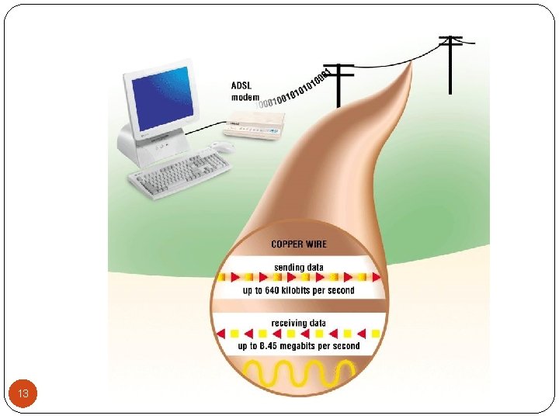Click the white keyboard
178,171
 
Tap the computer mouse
223,147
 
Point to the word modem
245,97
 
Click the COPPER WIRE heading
299,244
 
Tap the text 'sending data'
299,267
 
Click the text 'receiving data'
299,323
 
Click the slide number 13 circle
23,394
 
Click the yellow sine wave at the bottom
299,372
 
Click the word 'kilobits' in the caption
300,290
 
